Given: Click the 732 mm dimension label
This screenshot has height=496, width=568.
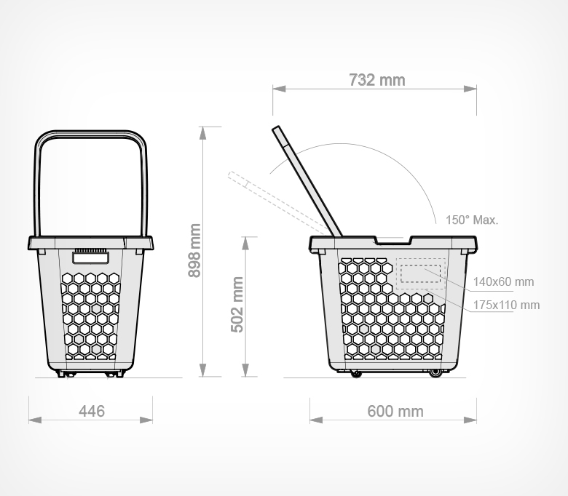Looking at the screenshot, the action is (376, 80).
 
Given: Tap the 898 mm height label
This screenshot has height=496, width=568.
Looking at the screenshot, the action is (194, 250).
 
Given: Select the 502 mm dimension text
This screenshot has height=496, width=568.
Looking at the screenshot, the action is (237, 305).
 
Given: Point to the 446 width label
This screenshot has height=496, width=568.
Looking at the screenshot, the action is (92, 412).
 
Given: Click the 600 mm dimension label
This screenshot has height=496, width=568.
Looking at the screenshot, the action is (395, 412).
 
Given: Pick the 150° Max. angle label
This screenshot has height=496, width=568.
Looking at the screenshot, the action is (472, 220).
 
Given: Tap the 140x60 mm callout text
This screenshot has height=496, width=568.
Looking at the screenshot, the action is (503, 281).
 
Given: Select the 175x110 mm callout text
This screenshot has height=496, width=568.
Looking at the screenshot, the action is (506, 305).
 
